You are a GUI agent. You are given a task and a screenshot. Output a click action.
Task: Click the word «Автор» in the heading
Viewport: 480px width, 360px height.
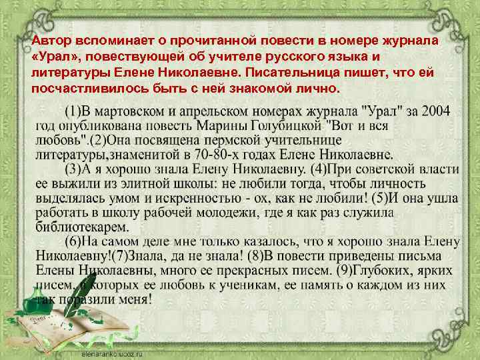pyautogui.click(x=49, y=41)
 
